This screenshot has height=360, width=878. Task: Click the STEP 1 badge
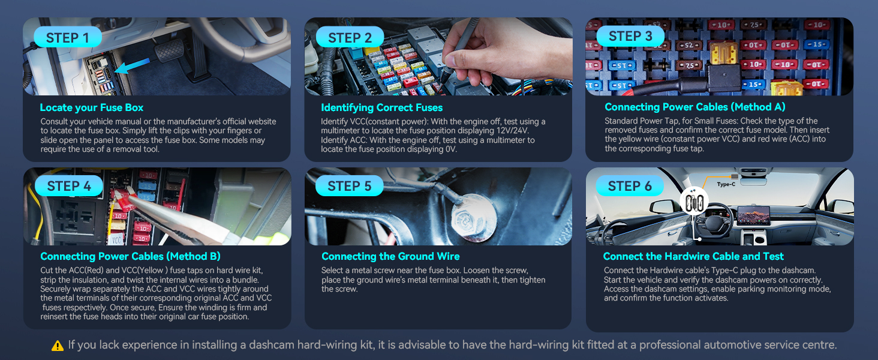click(x=68, y=37)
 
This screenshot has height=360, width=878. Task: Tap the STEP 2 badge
click(x=350, y=37)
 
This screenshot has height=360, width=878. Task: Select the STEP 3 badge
click(x=630, y=36)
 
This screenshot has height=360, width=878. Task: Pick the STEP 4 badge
click(x=69, y=186)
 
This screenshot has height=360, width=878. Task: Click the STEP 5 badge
click(x=350, y=186)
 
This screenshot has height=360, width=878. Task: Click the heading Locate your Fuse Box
click(x=92, y=108)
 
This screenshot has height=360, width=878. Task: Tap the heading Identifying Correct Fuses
click(x=381, y=108)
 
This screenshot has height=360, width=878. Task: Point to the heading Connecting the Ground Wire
click(x=390, y=257)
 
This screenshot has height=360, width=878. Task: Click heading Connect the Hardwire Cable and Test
click(x=693, y=257)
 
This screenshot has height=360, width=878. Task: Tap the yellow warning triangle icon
click(x=58, y=346)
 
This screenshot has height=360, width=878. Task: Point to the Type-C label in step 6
click(x=726, y=184)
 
